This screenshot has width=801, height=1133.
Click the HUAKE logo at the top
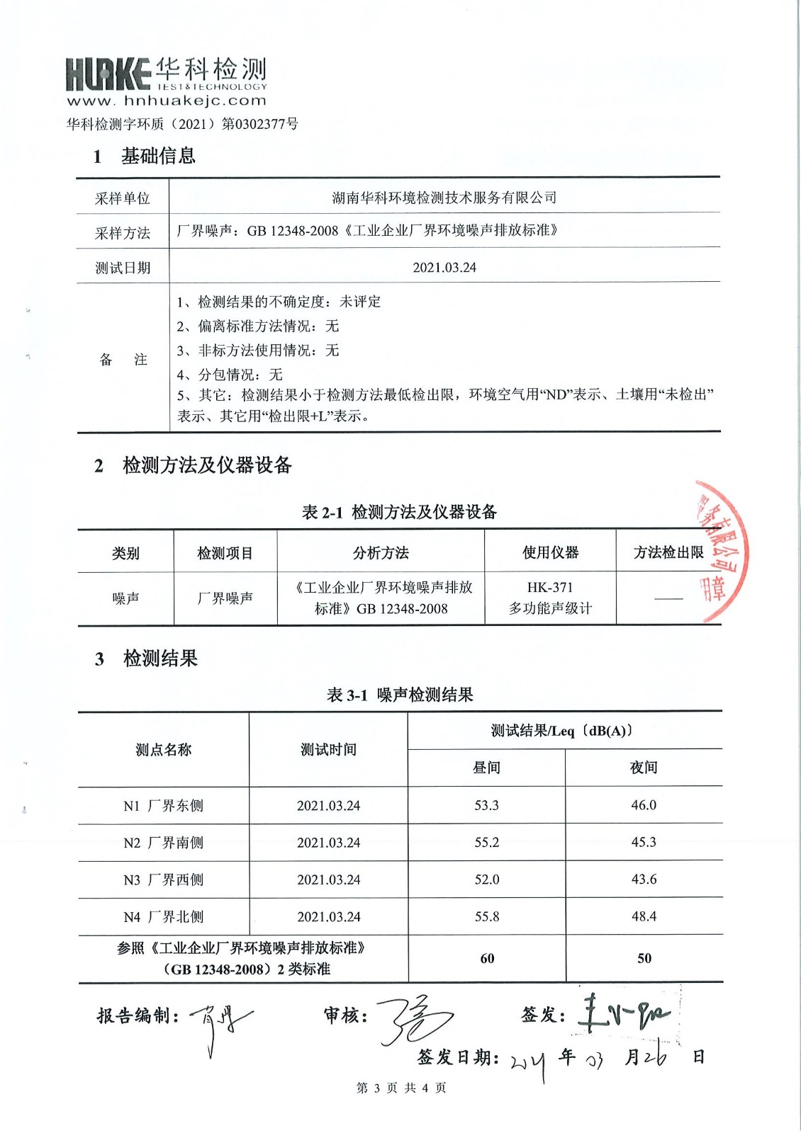(108, 74)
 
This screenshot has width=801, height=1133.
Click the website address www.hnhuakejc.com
(167, 101)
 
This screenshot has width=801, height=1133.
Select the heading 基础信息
(158, 156)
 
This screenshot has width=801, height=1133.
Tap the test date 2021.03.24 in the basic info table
(444, 268)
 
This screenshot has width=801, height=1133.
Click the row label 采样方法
(123, 233)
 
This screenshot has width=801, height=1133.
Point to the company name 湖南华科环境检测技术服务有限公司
(444, 198)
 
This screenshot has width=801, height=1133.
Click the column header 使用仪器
(550, 552)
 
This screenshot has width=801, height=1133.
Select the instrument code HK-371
(550, 587)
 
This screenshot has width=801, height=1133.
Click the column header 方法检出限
(668, 552)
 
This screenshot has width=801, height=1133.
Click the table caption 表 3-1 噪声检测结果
(400, 695)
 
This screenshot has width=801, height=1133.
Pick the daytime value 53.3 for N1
(486, 805)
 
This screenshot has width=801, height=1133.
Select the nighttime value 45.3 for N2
(644, 842)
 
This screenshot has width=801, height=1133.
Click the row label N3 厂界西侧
(163, 879)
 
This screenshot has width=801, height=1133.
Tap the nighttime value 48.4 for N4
(644, 916)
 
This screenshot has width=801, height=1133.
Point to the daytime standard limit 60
(487, 958)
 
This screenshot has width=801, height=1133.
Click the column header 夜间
(644, 768)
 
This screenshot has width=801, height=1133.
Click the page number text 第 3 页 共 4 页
(401, 1088)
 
